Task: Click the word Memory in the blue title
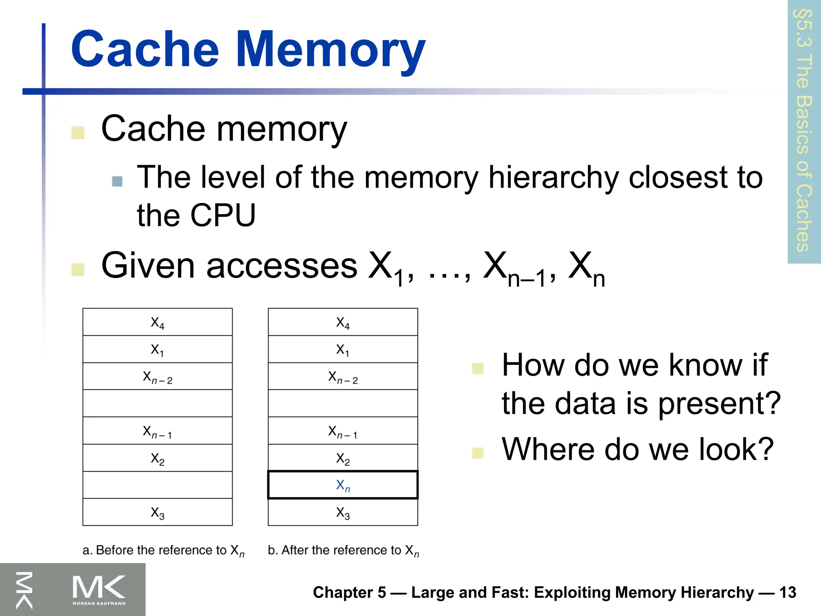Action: [330, 50]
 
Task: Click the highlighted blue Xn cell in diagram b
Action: [343, 485]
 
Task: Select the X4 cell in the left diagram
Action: [158, 322]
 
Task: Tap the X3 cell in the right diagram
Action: [343, 513]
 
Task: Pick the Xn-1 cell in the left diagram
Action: [158, 431]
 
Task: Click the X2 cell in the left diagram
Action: [158, 458]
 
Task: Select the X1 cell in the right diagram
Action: [343, 349]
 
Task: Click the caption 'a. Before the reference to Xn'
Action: [163, 551]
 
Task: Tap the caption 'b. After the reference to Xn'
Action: [343, 551]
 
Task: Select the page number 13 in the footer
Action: [787, 592]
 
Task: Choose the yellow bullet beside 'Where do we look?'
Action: [477, 453]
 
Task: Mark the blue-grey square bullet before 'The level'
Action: [117, 182]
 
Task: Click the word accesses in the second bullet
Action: [281, 266]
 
